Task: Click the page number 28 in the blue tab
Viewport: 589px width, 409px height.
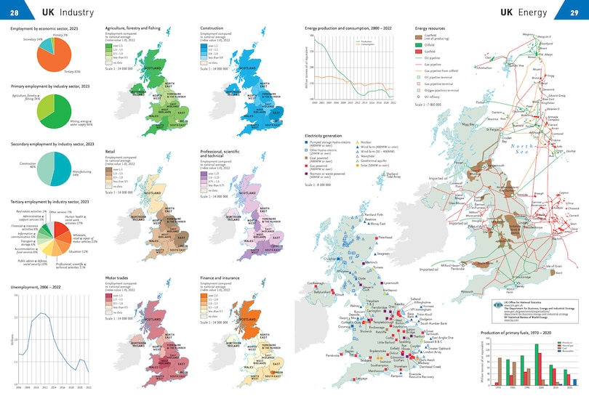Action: (x=14, y=12)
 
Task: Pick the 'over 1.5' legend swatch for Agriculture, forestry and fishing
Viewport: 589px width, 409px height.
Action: (x=109, y=44)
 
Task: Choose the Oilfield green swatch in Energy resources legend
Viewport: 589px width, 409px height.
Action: (x=419, y=44)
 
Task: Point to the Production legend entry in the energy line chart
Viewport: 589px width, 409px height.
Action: (x=367, y=41)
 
